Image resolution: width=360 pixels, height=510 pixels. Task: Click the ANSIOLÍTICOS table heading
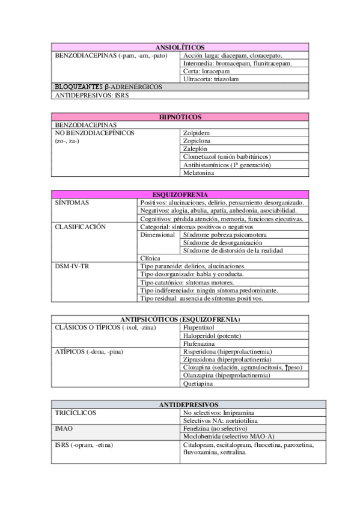pos(180,47)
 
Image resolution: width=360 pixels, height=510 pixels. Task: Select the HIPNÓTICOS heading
pos(180,117)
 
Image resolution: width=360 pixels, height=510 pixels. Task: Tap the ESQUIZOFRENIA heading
pos(180,195)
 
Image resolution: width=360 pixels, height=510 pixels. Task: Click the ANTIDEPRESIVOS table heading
pos(180,405)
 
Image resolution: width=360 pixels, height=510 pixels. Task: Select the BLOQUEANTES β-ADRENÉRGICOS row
pos(108,87)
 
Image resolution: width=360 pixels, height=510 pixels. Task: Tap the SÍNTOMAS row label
pos(72,203)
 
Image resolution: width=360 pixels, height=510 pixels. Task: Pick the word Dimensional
pos(157,235)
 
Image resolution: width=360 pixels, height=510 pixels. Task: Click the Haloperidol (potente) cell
pos(212,336)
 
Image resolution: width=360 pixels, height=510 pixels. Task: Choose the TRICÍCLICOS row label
pos(75,413)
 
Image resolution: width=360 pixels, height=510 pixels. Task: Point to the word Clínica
pos(150,258)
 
